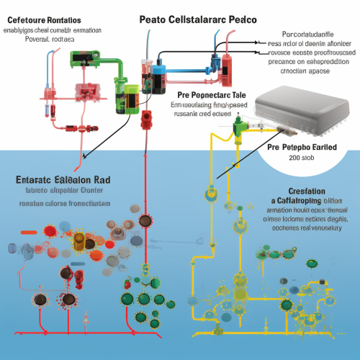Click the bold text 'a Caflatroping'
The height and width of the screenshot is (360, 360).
tap(297, 200)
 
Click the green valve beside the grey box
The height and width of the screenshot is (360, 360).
tap(238, 128)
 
